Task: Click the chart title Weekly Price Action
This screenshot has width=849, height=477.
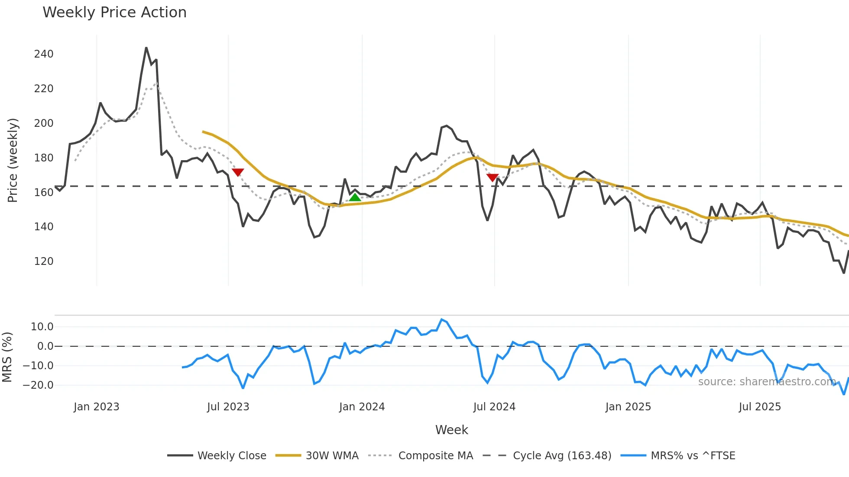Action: click(x=114, y=13)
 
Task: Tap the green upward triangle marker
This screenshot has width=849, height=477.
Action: click(x=355, y=197)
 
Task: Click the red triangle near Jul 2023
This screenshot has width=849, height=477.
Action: click(x=238, y=172)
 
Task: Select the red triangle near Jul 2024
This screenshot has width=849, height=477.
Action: click(x=493, y=177)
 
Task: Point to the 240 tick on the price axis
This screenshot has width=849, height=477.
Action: click(x=44, y=54)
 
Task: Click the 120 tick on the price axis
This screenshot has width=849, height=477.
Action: click(x=44, y=261)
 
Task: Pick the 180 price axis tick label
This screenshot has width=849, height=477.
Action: click(x=44, y=158)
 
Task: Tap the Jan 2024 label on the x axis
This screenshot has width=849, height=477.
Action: click(x=362, y=407)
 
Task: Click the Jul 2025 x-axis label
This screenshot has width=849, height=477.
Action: click(x=760, y=407)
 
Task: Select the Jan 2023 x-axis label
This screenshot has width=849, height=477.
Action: click(x=96, y=407)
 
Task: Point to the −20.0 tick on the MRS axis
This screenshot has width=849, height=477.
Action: click(x=38, y=385)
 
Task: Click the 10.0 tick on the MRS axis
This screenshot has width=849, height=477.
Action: click(x=42, y=327)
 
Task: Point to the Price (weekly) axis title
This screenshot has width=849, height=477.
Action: click(x=13, y=160)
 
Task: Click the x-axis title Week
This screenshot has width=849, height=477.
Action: click(x=451, y=430)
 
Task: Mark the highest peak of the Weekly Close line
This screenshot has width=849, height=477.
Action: click(x=146, y=48)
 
